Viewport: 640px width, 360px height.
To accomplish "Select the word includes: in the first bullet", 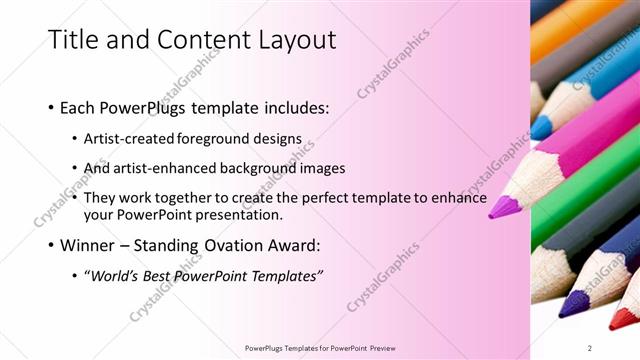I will click(290, 107).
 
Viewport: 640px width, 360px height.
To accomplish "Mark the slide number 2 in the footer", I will click(590, 347).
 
